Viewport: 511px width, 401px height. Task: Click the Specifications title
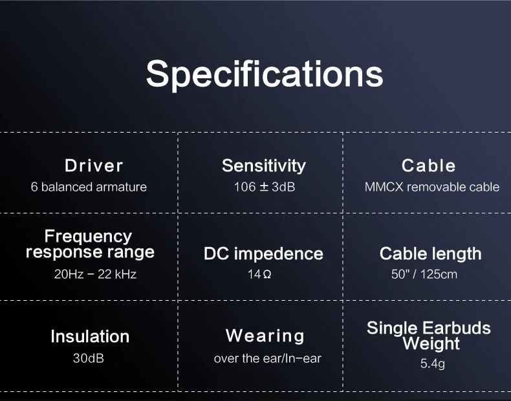point(265,74)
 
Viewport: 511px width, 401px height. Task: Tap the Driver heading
point(94,166)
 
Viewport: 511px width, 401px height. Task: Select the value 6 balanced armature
point(89,187)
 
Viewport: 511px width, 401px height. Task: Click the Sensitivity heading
point(264,166)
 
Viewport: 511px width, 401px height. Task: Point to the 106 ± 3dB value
point(265,187)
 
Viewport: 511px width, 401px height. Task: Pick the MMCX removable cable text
point(432,187)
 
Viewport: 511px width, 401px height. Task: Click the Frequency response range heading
point(90,244)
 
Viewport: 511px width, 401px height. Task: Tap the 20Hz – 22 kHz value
point(95,274)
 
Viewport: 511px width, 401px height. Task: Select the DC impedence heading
point(263,254)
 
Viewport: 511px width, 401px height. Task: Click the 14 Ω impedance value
point(259,274)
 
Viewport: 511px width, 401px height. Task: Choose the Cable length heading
point(431,254)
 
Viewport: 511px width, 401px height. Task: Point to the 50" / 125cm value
point(424,274)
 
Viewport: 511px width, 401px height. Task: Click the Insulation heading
point(90,336)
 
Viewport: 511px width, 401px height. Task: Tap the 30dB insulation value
point(89,358)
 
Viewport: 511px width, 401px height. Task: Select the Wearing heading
point(265,336)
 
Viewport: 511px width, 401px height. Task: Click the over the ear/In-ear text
point(268,358)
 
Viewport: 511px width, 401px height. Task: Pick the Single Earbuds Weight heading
point(429,336)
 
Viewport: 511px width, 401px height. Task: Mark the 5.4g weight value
point(433,363)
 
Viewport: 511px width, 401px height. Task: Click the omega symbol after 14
point(266,275)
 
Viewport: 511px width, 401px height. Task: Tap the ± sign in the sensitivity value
point(264,187)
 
